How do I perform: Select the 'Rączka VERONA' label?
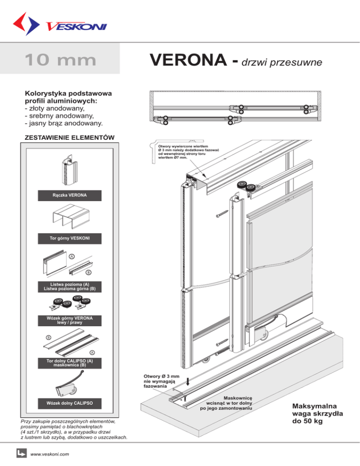point(69,194)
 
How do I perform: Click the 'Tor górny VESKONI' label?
point(69,239)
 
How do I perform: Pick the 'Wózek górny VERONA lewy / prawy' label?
point(69,321)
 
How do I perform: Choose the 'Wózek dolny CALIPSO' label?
point(69,403)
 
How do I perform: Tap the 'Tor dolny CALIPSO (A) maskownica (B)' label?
point(69,362)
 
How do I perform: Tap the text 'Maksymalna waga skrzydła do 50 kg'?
point(317,413)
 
